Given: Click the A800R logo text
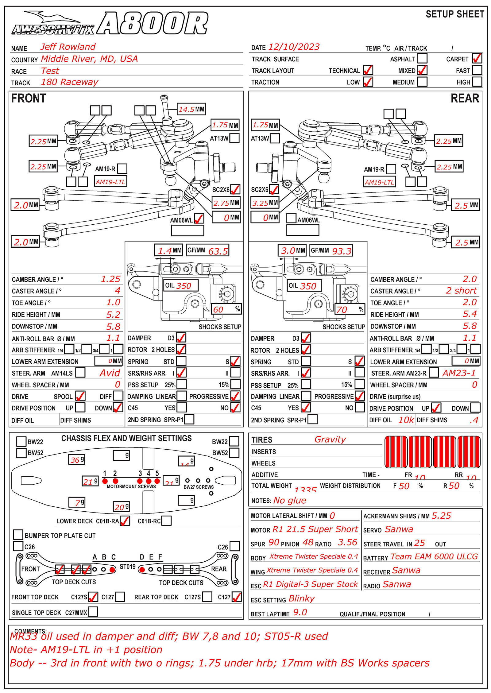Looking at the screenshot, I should [x=153, y=23].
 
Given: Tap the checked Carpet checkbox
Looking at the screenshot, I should [x=477, y=58].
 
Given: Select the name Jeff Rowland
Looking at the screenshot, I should [x=68, y=47].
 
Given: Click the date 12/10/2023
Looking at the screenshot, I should [x=294, y=47].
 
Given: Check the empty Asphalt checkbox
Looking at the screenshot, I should [x=423, y=58].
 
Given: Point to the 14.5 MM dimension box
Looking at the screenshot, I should [x=191, y=109].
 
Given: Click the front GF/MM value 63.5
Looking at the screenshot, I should [x=218, y=251].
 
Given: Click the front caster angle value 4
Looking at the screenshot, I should [x=118, y=290].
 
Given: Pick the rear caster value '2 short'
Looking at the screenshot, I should [x=461, y=290].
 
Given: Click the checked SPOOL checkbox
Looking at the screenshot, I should [x=80, y=396].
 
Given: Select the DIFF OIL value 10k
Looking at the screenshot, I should [x=406, y=420].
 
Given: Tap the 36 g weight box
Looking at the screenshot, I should [x=76, y=459].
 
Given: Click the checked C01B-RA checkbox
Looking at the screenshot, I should [x=125, y=521].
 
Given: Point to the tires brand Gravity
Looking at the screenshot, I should [x=330, y=439].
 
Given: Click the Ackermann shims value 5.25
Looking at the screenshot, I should [x=441, y=516].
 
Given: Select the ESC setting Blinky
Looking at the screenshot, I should [x=301, y=598].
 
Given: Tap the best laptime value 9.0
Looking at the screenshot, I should [x=300, y=612].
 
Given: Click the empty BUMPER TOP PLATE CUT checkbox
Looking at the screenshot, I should [x=18, y=534].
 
